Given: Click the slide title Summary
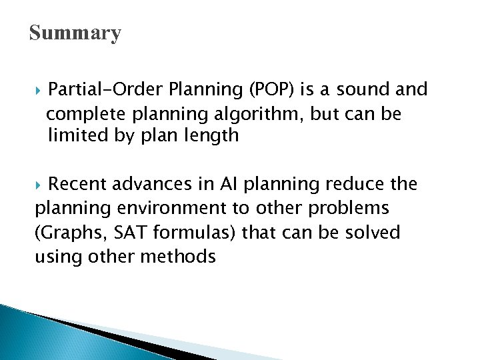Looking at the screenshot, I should click(x=75, y=33).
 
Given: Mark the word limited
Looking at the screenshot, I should click(x=76, y=137).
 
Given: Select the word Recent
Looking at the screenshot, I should click(x=79, y=184).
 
